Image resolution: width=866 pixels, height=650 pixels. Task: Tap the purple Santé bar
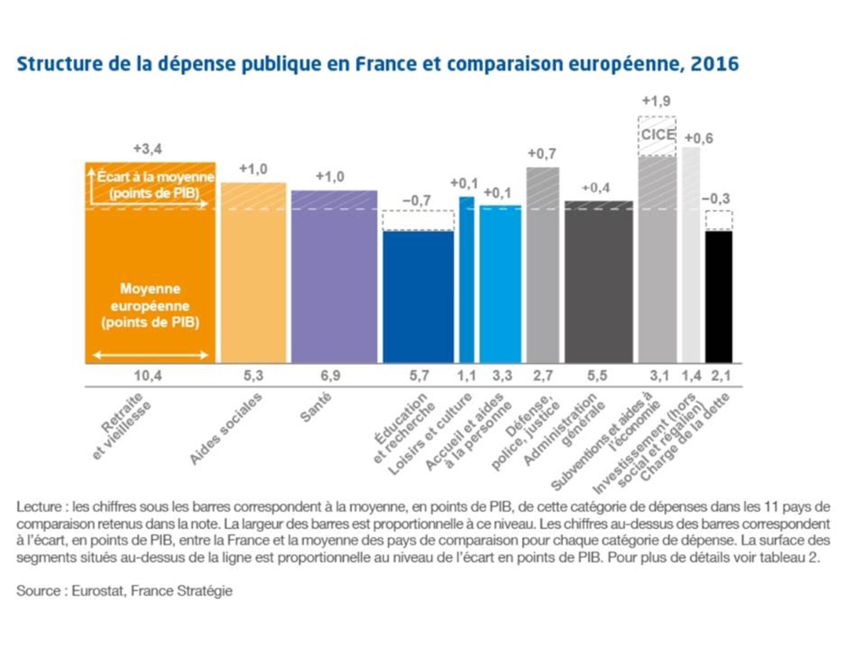point(334,276)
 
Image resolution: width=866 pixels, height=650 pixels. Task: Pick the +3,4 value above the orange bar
point(148,149)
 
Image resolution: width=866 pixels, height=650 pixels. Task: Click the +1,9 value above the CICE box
point(656,101)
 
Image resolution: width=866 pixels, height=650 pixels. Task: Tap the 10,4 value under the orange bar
point(148,376)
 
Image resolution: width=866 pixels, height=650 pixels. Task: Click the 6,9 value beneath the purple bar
point(330,376)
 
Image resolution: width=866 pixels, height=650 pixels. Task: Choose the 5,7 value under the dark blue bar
point(419,376)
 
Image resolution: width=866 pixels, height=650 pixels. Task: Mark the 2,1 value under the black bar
point(721,376)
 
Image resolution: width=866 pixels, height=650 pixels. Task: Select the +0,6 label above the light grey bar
point(699,139)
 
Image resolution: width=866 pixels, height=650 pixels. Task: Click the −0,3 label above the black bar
point(716,199)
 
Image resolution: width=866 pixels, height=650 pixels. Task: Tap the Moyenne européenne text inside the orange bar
point(150,306)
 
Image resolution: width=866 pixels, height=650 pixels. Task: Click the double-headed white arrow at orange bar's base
point(150,355)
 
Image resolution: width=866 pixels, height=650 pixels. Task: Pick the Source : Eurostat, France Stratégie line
point(124,591)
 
